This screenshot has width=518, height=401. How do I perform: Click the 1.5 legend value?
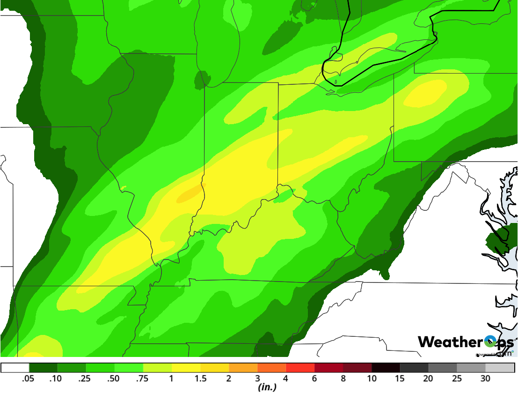point(200,379)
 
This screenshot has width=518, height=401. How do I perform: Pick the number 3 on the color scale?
point(257,379)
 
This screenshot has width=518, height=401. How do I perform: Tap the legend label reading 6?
point(314,379)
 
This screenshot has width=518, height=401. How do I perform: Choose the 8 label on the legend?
point(343,379)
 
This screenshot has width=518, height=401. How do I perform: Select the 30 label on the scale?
point(486,379)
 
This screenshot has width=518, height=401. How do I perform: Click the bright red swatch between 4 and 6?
point(300,368)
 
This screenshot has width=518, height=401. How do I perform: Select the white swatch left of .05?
point(15,368)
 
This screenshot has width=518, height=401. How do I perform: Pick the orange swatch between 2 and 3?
point(243,368)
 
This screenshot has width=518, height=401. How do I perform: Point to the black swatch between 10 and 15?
point(386,368)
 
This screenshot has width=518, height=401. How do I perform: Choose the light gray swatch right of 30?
point(500,368)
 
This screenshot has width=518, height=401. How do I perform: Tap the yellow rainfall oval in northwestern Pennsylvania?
point(425,93)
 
